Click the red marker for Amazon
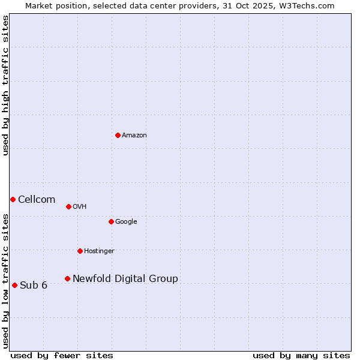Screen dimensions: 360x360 click(x=118, y=135)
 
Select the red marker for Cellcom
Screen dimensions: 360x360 click(x=13, y=199)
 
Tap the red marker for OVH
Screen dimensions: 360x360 click(x=68, y=206)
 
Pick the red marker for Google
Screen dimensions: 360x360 click(x=111, y=221)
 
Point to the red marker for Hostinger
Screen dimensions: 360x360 click(x=80, y=251)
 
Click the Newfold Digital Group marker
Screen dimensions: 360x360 click(x=67, y=278)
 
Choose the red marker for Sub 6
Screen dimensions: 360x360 click(x=14, y=285)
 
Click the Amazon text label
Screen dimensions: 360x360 click(x=134, y=136)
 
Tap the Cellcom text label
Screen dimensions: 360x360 click(x=37, y=200)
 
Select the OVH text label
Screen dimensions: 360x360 click(x=80, y=207)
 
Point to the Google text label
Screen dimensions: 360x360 click(x=126, y=222)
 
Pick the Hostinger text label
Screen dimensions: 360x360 click(x=99, y=251)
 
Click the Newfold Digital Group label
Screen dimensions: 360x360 click(x=125, y=279)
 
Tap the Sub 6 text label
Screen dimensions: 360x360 click(x=34, y=286)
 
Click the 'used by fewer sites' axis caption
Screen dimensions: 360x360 click(x=62, y=356)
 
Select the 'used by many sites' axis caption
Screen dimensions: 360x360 click(x=301, y=356)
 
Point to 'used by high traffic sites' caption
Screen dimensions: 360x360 click(x=6, y=85)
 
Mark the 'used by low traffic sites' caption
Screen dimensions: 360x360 click(x=6, y=281)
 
